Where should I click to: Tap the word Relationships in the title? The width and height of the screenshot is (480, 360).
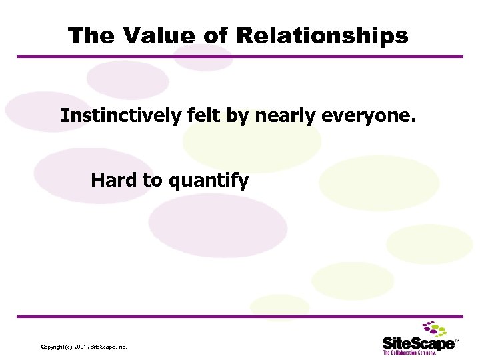[322, 36]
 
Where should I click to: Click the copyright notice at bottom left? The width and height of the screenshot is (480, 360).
[83, 347]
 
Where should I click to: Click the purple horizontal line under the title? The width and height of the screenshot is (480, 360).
[240, 57]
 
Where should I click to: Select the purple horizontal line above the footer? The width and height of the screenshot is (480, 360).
[240, 316]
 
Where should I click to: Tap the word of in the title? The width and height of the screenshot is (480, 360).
[215, 36]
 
